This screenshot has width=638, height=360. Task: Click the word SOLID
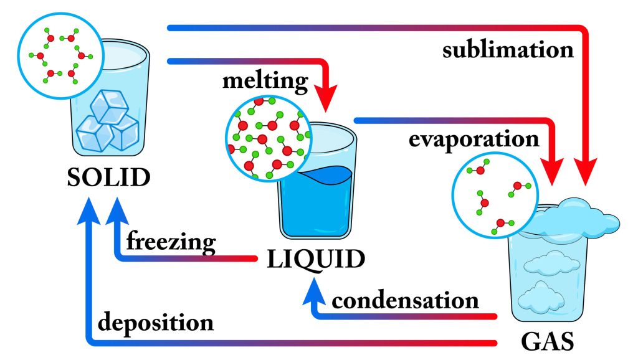pyautogui.click(x=110, y=178)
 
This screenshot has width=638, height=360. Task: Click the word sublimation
pyautogui.click(x=508, y=50)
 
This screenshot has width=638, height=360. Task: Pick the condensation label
pyautogui.click(x=406, y=301)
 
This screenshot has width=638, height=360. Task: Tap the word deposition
pyautogui.click(x=156, y=323)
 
